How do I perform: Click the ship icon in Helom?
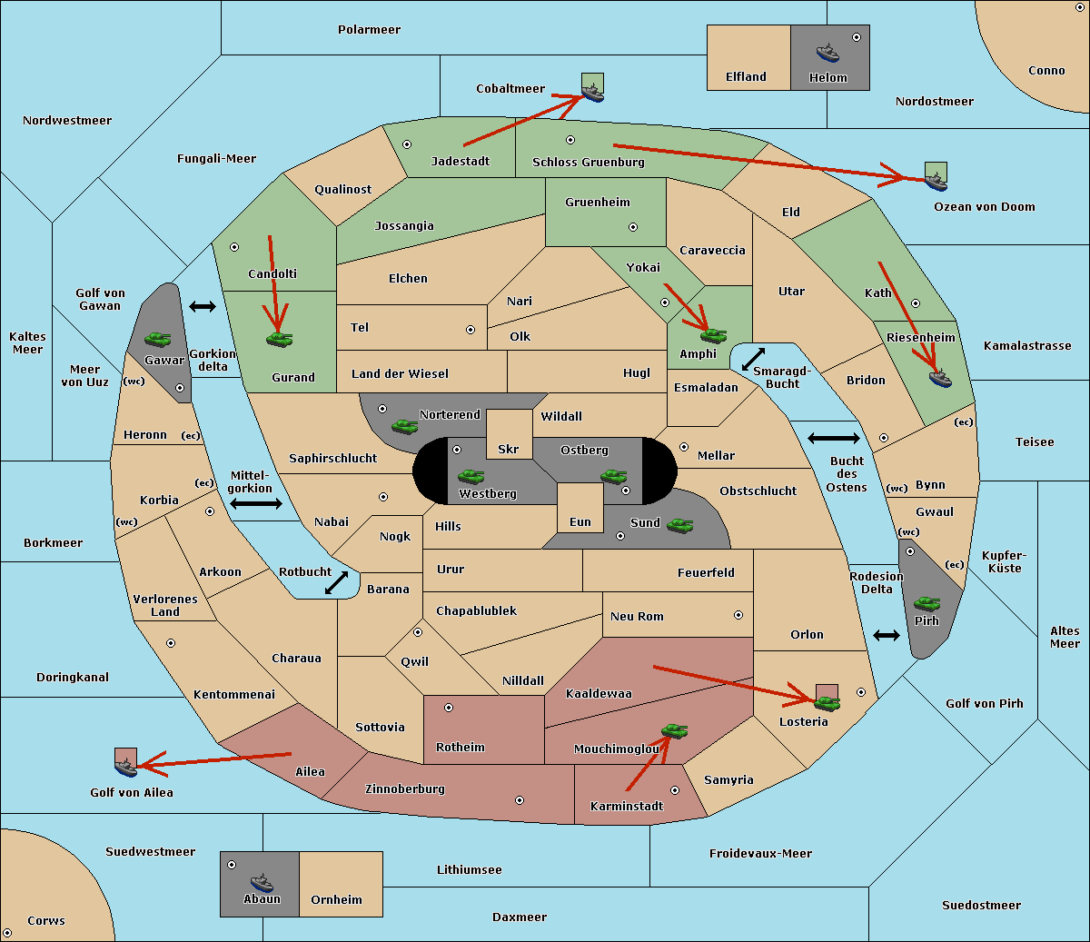click(827, 53)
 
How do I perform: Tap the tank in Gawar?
click(158, 339)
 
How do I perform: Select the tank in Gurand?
click(280, 339)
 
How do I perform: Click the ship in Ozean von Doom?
click(936, 182)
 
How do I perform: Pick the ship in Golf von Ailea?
click(125, 767)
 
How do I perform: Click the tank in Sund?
click(679, 525)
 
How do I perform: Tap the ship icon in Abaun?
click(263, 882)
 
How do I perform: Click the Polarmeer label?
click(369, 30)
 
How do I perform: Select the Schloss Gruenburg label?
click(589, 162)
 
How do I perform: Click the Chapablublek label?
click(476, 610)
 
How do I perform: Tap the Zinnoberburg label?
click(405, 789)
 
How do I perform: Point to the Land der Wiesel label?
click(400, 374)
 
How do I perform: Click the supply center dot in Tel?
click(471, 330)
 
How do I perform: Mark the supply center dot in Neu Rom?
click(738, 615)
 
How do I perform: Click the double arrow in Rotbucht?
click(336, 582)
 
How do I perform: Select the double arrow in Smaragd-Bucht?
click(753, 359)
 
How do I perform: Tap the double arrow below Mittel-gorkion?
click(256, 503)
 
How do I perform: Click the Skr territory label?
click(509, 449)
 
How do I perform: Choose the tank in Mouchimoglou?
click(675, 731)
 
